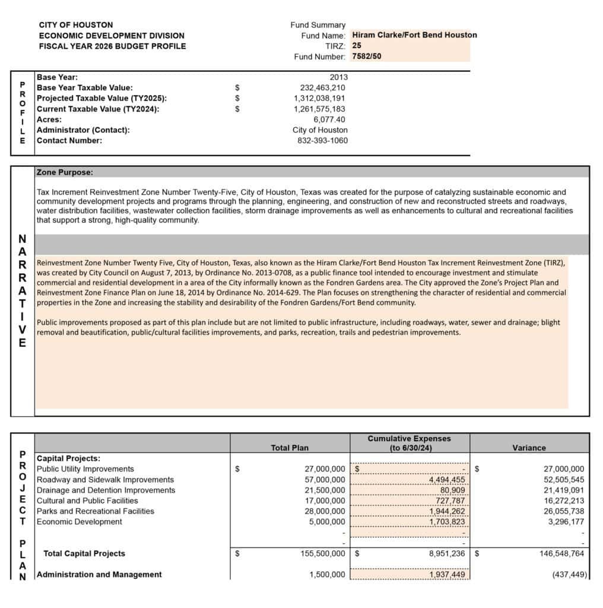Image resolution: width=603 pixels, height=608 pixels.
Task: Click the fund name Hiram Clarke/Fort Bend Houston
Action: pyautogui.click(x=414, y=35)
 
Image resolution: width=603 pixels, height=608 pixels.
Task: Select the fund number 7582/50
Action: pyautogui.click(x=367, y=56)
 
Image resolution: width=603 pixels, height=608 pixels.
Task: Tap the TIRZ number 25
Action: pyautogui.click(x=357, y=46)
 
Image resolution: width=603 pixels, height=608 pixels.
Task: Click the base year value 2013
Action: pyautogui.click(x=338, y=77)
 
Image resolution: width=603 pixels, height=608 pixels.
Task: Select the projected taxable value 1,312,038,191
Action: pyautogui.click(x=319, y=99)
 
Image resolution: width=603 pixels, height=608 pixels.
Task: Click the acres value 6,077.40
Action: pyautogui.click(x=329, y=119)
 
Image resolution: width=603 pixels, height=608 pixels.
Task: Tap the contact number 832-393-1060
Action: pyautogui.click(x=322, y=141)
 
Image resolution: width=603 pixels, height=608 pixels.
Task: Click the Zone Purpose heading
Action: pyautogui.click(x=65, y=173)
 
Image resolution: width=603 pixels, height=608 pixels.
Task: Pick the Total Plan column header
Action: pyautogui.click(x=290, y=448)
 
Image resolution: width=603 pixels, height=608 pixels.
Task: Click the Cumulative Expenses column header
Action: pyautogui.click(x=410, y=443)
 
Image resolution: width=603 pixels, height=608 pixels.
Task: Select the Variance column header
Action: pyautogui.click(x=529, y=448)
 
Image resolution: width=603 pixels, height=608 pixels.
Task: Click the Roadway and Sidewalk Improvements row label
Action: pyautogui.click(x=105, y=480)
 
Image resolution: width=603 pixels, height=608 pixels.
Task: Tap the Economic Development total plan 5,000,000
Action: pyautogui.click(x=324, y=522)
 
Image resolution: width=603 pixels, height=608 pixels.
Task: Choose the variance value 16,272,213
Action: pyautogui.click(x=560, y=501)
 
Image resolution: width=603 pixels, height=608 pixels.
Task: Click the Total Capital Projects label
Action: pyautogui.click(x=84, y=553)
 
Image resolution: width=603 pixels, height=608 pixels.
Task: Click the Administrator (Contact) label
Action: pyautogui.click(x=83, y=130)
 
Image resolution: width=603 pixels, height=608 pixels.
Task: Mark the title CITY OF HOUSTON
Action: pyautogui.click(x=76, y=25)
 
